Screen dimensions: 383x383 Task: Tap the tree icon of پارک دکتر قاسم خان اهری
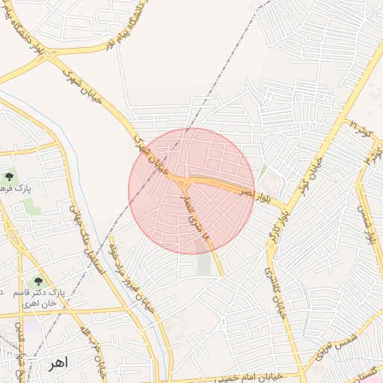[x=38, y=282]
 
